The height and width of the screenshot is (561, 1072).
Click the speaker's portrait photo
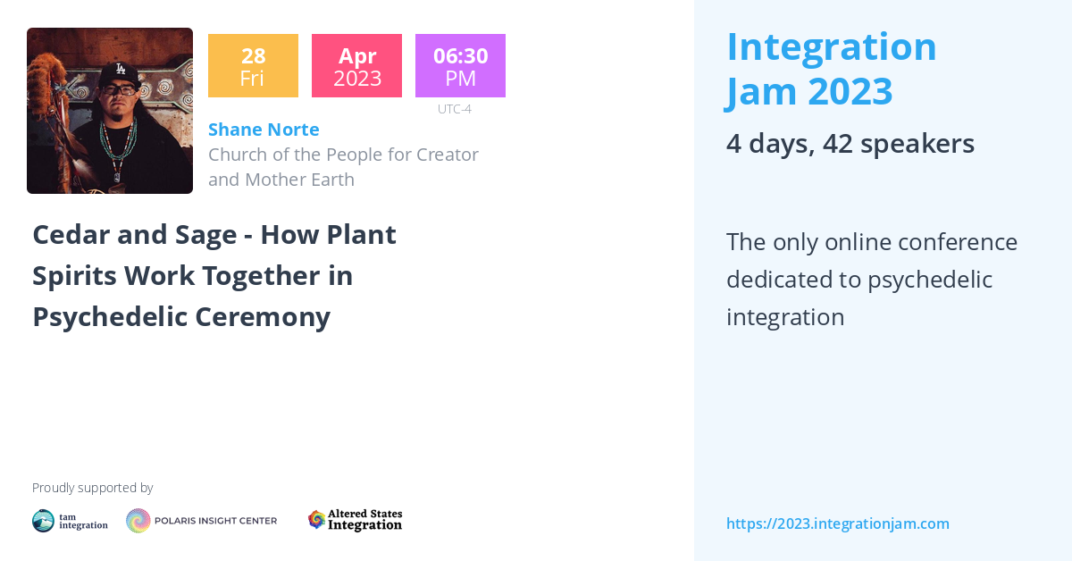[110, 111]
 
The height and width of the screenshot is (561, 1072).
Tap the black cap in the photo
[118, 72]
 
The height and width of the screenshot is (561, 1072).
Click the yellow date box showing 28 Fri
[253, 66]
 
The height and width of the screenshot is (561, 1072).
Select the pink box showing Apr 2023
[356, 66]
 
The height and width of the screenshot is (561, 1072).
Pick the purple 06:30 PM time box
[460, 66]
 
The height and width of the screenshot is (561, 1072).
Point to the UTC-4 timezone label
[454, 109]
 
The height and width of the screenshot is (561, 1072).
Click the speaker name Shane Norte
[264, 130]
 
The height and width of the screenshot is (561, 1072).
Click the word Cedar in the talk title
[71, 235]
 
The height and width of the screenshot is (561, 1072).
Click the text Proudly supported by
[92, 488]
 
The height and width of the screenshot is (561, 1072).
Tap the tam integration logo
[70, 521]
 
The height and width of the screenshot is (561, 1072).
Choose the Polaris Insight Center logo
[201, 521]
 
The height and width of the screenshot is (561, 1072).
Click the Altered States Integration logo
[355, 520]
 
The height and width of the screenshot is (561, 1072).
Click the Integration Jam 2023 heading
[831, 69]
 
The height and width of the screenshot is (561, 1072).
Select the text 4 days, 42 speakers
[850, 144]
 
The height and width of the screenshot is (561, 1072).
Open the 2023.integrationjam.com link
[837, 523]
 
